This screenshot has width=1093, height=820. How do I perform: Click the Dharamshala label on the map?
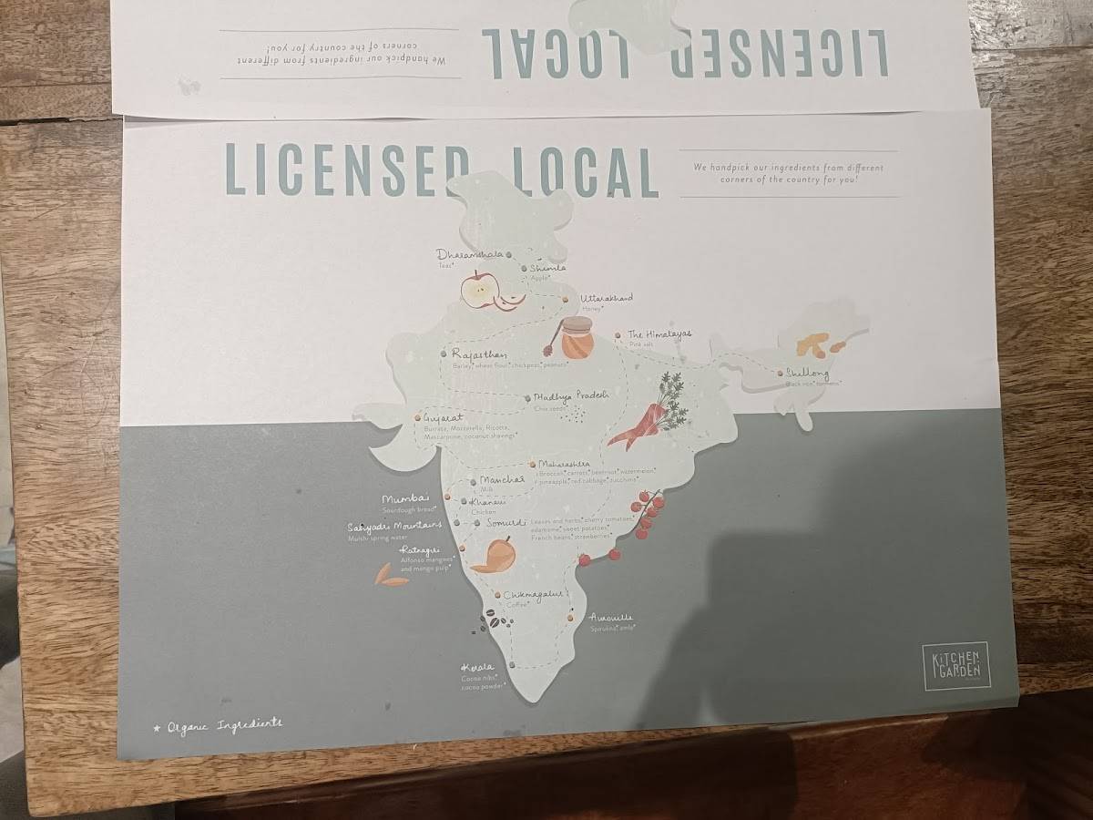(x=469, y=254)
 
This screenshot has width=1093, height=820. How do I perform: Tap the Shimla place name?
(x=548, y=268)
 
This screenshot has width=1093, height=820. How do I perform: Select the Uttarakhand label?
(x=607, y=298)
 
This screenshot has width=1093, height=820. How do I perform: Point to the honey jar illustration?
(x=576, y=339)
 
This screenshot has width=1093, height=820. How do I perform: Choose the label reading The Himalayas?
(x=659, y=334)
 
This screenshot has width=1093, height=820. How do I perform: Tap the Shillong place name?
(x=809, y=374)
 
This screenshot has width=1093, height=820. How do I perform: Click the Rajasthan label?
(x=478, y=354)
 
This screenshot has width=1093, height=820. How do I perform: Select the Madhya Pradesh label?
(x=571, y=396)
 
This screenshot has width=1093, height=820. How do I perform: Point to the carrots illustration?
(x=649, y=416)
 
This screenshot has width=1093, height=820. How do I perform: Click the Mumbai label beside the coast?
(x=405, y=499)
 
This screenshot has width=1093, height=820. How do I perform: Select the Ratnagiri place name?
(x=420, y=550)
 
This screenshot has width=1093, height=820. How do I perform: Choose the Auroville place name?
(x=611, y=618)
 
